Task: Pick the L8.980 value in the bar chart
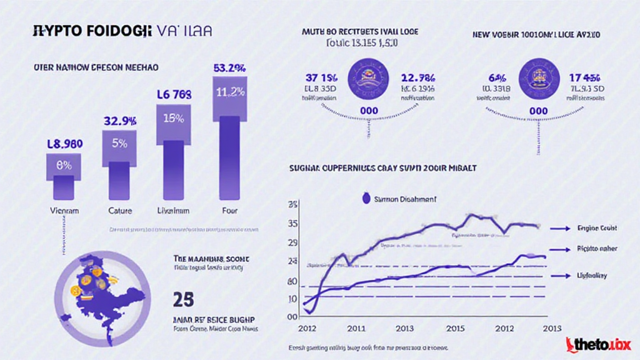[64, 143]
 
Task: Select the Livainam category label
[174, 211]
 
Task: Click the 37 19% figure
[322, 77]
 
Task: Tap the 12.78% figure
[418, 77]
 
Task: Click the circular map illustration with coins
[100, 294]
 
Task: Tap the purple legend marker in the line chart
[367, 199]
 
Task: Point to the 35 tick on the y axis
[292, 224]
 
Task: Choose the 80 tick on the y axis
[292, 281]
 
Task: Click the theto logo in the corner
[598, 344]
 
